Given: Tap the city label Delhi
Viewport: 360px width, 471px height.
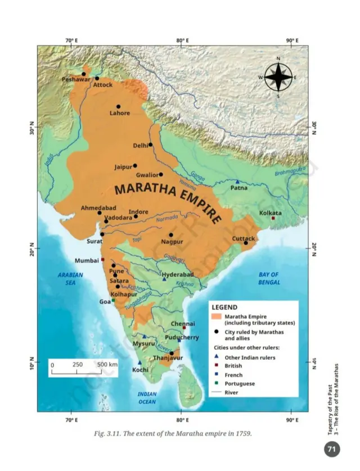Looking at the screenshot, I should [140, 146].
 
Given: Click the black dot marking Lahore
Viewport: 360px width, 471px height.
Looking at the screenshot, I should [118, 106].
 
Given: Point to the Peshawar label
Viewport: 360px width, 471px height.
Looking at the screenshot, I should [76, 80].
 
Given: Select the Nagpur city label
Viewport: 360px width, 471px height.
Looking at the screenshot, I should [172, 242].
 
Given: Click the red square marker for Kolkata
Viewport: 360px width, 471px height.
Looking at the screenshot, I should [273, 218].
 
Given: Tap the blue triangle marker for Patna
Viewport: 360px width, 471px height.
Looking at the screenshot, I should [237, 182].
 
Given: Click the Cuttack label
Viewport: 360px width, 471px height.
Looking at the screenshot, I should [244, 238].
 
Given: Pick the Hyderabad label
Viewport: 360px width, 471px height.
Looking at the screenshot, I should [177, 274].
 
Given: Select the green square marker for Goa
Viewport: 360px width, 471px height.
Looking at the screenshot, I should [113, 300].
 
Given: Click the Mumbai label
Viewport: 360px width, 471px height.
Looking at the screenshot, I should [87, 261].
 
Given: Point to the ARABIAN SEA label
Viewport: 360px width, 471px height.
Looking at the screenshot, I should [70, 279].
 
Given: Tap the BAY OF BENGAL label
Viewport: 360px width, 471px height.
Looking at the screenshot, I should [269, 278].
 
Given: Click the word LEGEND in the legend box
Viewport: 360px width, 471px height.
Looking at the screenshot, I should [226, 308].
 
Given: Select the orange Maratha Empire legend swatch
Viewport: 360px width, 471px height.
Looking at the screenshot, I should [215, 317].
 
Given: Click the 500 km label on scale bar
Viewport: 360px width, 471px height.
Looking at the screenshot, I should [107, 365].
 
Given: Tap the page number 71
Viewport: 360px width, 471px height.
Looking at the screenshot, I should [332, 450].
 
